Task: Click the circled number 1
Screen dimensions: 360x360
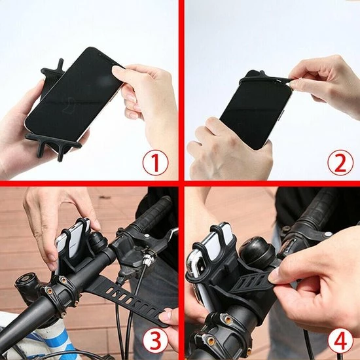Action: coord(155,163)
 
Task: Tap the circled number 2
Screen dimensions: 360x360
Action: coord(340,163)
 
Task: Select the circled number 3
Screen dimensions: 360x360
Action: coord(155,340)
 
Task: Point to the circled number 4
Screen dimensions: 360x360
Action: coord(340,340)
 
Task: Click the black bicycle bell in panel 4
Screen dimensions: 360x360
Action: coord(257,252)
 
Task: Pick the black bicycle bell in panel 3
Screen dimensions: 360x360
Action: coord(98,243)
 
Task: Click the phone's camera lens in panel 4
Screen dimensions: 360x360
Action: coord(200,264)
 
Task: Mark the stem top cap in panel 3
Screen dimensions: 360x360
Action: coord(26,281)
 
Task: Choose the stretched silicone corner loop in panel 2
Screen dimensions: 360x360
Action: coord(266,78)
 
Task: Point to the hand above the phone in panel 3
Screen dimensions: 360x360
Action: coord(58,221)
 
